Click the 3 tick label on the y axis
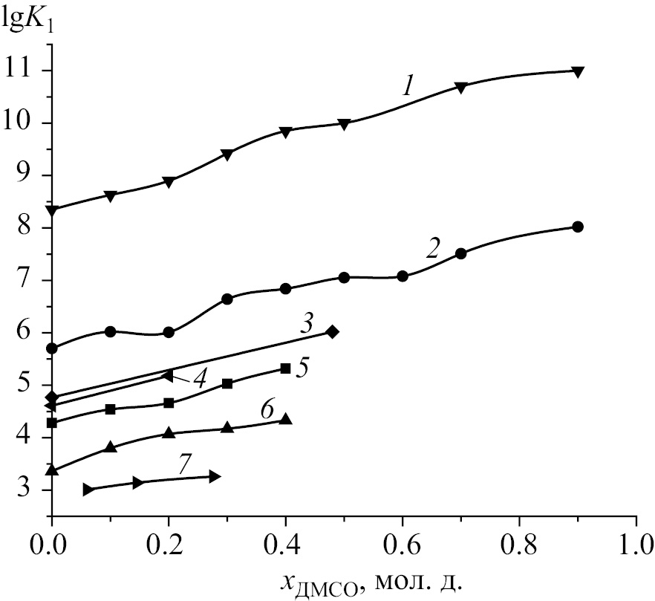click(x=27, y=490)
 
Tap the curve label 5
click(x=302, y=368)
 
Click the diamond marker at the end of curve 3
click(x=333, y=331)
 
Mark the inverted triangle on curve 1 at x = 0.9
click(x=578, y=72)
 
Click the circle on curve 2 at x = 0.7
click(x=460, y=253)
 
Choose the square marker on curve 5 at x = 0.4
click(x=285, y=368)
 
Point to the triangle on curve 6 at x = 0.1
click(x=111, y=447)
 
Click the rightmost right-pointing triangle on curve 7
click(x=215, y=476)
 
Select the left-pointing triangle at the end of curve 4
click(x=168, y=376)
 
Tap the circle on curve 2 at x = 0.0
click(x=52, y=348)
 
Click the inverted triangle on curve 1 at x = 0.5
click(x=344, y=124)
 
